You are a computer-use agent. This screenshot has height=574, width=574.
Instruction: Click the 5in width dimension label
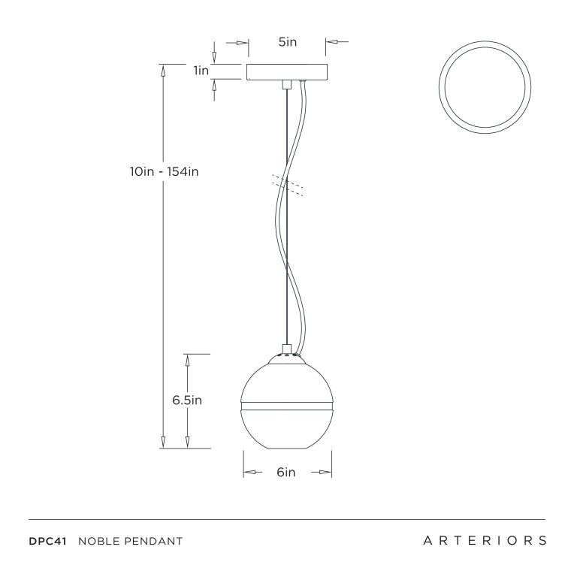[287, 42]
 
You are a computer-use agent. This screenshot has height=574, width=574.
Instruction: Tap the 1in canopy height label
[201, 71]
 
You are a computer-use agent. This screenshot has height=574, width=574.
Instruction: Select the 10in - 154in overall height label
[164, 171]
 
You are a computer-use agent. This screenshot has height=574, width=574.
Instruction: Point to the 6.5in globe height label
[187, 400]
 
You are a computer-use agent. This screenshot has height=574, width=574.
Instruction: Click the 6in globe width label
[285, 473]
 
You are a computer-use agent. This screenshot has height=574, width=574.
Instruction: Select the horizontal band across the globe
[286, 407]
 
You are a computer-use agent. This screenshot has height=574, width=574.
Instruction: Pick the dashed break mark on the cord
[288, 185]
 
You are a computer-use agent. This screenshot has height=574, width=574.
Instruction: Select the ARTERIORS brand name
[485, 541]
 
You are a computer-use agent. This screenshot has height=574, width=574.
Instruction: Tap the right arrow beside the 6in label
[322, 473]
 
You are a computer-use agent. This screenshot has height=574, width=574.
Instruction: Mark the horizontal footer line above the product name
[286, 519]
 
